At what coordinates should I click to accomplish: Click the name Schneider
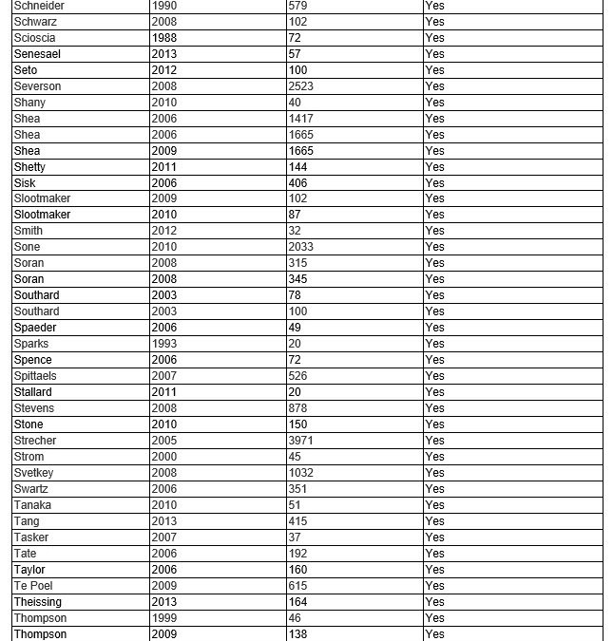[x=40, y=6]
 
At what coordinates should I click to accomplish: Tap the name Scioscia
[x=34, y=38]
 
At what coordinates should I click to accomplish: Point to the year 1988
[x=163, y=38]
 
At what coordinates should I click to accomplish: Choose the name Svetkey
[x=33, y=473]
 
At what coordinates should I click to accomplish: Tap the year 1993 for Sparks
[x=163, y=344]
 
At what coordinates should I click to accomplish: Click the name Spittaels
[x=35, y=376]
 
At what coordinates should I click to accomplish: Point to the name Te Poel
[x=33, y=586]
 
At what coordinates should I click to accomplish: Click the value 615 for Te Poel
[x=298, y=586]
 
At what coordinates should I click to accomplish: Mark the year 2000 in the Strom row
[x=163, y=457]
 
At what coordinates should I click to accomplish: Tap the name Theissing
[x=37, y=602]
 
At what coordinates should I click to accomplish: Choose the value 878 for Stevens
[x=298, y=408]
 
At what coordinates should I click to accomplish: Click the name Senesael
[x=37, y=54]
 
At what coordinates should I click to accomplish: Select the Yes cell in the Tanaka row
[x=434, y=505]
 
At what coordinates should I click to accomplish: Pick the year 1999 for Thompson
[x=163, y=618]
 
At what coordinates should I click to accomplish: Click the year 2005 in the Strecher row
[x=163, y=441]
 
